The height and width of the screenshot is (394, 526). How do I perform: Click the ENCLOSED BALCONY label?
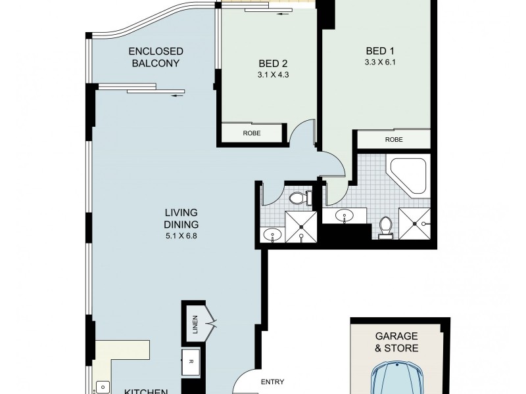pyautogui.click(x=156, y=57)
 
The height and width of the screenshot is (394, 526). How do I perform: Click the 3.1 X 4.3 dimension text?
pyautogui.click(x=274, y=76)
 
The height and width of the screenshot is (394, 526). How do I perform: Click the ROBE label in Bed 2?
pyautogui.click(x=252, y=133)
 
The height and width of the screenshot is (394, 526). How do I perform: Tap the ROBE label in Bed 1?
pyautogui.click(x=394, y=139)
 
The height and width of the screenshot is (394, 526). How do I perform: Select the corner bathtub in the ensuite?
pyautogui.click(x=408, y=175)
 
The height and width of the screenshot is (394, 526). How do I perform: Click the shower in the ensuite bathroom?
pyautogui.click(x=415, y=223)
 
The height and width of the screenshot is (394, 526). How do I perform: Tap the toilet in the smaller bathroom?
pyautogui.click(x=299, y=196)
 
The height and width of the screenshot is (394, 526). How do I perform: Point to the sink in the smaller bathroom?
pyautogui.click(x=270, y=234)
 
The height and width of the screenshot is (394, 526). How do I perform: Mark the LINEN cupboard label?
pyautogui.click(x=195, y=323)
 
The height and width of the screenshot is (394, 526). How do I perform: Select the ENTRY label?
pyautogui.click(x=272, y=382)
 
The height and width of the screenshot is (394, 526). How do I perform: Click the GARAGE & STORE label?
pyautogui.click(x=396, y=342)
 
